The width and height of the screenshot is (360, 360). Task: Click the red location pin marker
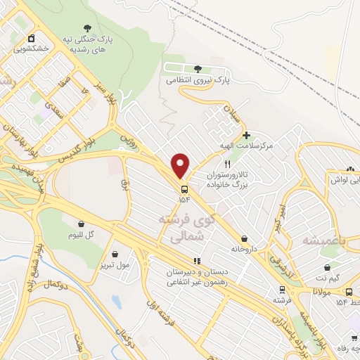coord(181,165)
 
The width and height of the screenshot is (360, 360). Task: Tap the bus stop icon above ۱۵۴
coord(184,189)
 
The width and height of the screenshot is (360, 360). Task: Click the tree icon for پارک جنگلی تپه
coord(86,28)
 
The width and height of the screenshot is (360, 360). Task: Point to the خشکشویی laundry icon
coord(30,39)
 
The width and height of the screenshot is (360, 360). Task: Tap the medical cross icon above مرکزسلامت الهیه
coord(245,134)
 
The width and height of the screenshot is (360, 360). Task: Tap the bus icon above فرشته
coord(282,289)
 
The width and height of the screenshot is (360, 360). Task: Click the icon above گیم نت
coord(328,268)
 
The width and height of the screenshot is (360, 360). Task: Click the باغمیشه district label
coord(325,240)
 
